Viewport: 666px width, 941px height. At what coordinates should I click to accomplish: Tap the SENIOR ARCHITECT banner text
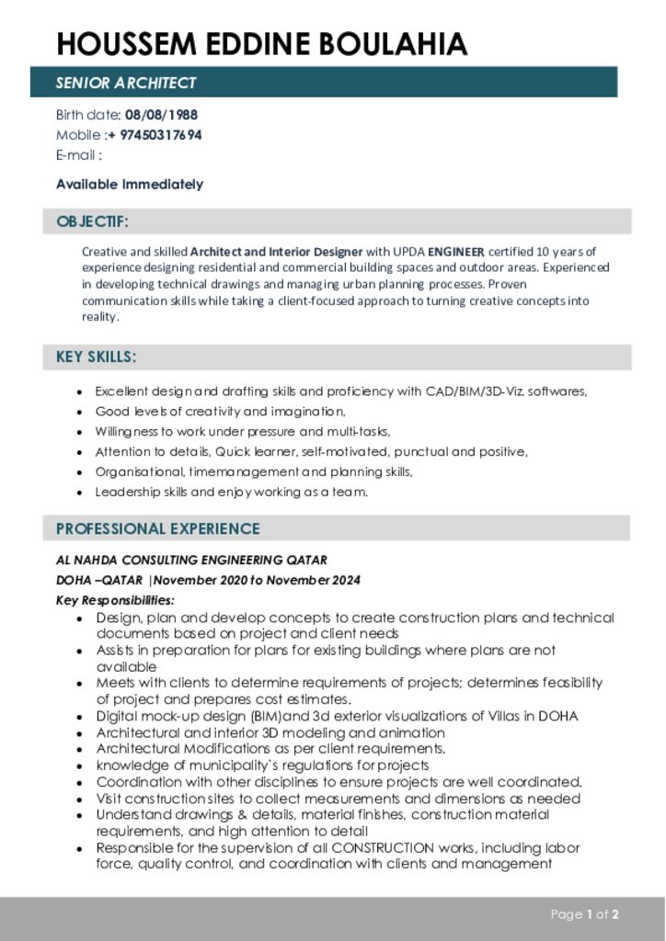pos(126,83)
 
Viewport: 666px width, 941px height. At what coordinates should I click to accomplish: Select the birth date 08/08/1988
pos(161,115)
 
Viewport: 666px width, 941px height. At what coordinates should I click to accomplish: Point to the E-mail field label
pos(78,154)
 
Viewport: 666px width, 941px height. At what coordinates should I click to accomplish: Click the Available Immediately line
pos(130,184)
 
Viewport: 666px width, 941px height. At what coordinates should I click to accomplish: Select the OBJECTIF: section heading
pos(92,221)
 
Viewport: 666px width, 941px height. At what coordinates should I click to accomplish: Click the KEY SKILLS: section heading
pos(96,357)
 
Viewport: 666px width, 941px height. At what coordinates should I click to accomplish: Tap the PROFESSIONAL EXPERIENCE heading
pos(157,528)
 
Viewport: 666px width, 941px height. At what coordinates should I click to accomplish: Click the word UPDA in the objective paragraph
pos(408,251)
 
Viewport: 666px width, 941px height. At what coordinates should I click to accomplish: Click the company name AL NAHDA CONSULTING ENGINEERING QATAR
pos(191,560)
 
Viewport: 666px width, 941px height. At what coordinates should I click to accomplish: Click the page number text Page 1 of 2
pos(584,914)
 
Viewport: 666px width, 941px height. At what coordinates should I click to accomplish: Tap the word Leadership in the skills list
pos(126,492)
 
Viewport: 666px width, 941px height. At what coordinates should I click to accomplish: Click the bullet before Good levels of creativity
pos(81,413)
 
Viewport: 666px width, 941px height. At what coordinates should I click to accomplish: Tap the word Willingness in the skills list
pos(128,432)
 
